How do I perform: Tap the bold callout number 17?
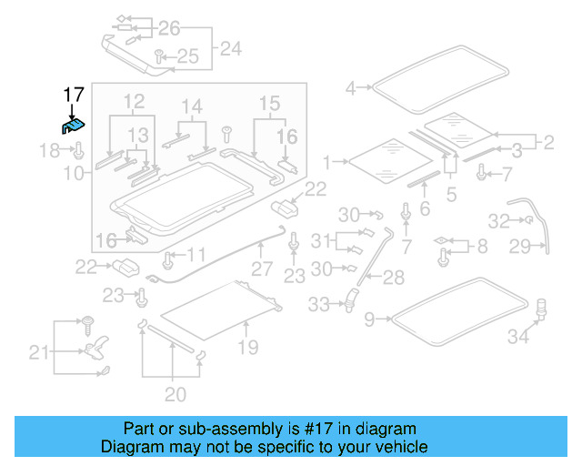[x=74, y=94]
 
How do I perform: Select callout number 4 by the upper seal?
[x=352, y=88]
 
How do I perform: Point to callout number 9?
[x=368, y=319]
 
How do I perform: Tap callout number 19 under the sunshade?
[x=247, y=347]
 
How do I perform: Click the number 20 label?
[x=175, y=394]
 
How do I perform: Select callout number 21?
[x=38, y=352]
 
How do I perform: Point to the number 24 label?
[x=231, y=47]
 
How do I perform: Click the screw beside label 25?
[x=158, y=56]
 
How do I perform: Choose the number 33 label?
[x=318, y=305]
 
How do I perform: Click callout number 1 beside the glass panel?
[x=328, y=162]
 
